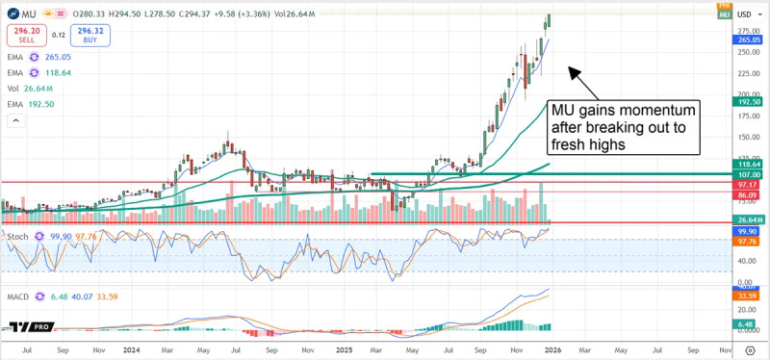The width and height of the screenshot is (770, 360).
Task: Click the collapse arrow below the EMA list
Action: pyautogui.click(x=14, y=120)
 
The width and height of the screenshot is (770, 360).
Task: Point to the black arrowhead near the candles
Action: pyautogui.click(x=571, y=70)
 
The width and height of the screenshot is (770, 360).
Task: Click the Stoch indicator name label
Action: pyautogui.click(x=16, y=235)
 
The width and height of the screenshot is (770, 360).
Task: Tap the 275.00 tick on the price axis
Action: pyautogui.click(x=749, y=32)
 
